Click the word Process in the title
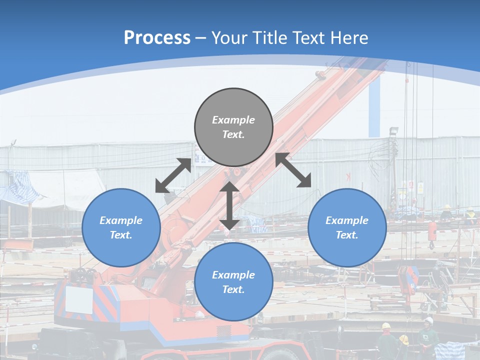(157, 38)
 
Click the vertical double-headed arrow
(229, 206)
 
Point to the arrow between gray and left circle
(173, 175)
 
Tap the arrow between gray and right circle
(293, 170)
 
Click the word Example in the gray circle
(233, 120)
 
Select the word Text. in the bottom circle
(233, 289)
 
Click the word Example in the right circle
(347, 220)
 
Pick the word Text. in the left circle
(121, 235)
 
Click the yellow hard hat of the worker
(386, 326)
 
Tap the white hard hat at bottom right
(428, 320)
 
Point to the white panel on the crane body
(79, 299)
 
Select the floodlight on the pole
(394, 131)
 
